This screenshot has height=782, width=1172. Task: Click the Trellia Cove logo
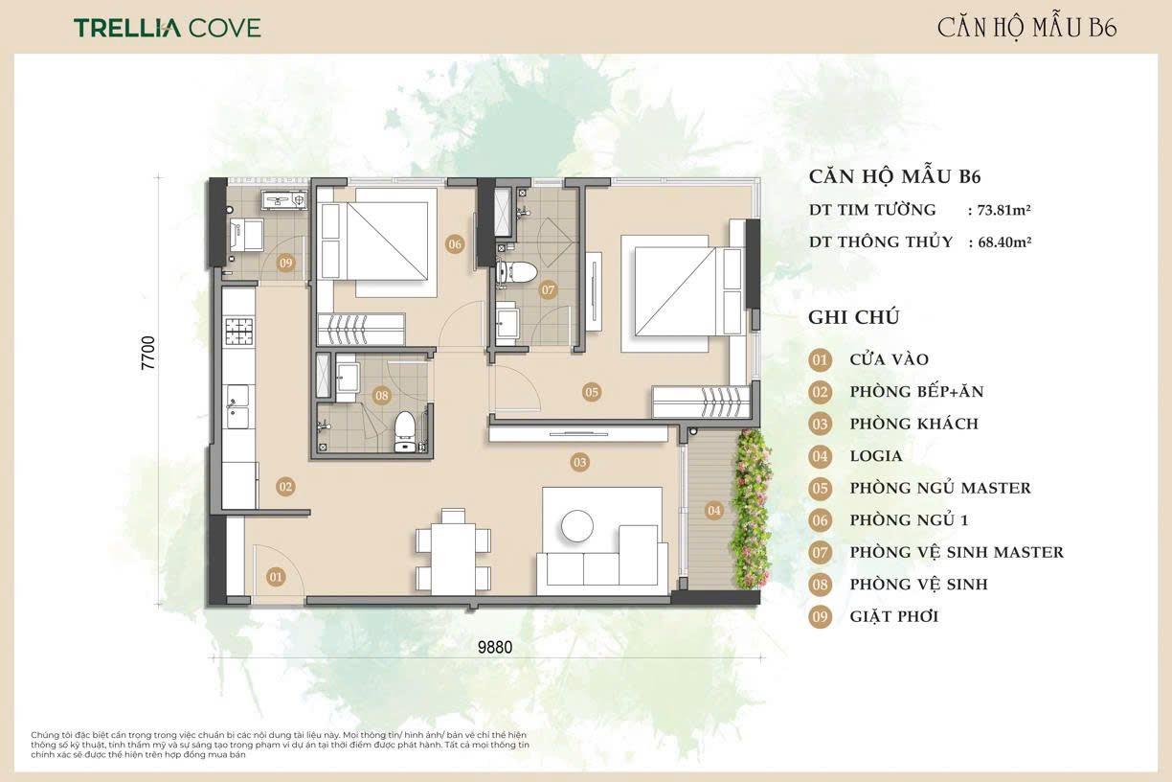[x=167, y=28]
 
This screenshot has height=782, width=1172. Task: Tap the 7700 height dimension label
[x=148, y=353]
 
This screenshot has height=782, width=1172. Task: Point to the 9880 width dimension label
[x=494, y=647]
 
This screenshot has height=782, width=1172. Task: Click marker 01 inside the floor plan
[x=276, y=577]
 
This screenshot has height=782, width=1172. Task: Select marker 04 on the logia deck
[x=713, y=510]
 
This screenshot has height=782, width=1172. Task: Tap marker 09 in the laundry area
[x=285, y=263]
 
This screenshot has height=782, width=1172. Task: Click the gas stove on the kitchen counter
[x=239, y=331]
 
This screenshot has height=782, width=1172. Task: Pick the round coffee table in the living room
[x=577, y=526]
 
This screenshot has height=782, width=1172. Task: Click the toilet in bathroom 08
[x=404, y=431]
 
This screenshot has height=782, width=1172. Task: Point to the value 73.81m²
[x=1004, y=210]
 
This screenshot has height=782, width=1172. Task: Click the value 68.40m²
[x=1004, y=242]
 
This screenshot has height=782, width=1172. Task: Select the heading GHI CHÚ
[x=854, y=317]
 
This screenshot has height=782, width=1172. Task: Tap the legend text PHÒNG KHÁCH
[x=914, y=424]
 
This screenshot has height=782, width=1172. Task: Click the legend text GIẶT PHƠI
[x=894, y=616]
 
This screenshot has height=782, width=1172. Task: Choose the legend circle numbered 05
[x=820, y=488]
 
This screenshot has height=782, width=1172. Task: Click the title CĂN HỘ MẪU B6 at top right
[x=1027, y=29]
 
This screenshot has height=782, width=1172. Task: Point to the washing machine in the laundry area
[x=246, y=235]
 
